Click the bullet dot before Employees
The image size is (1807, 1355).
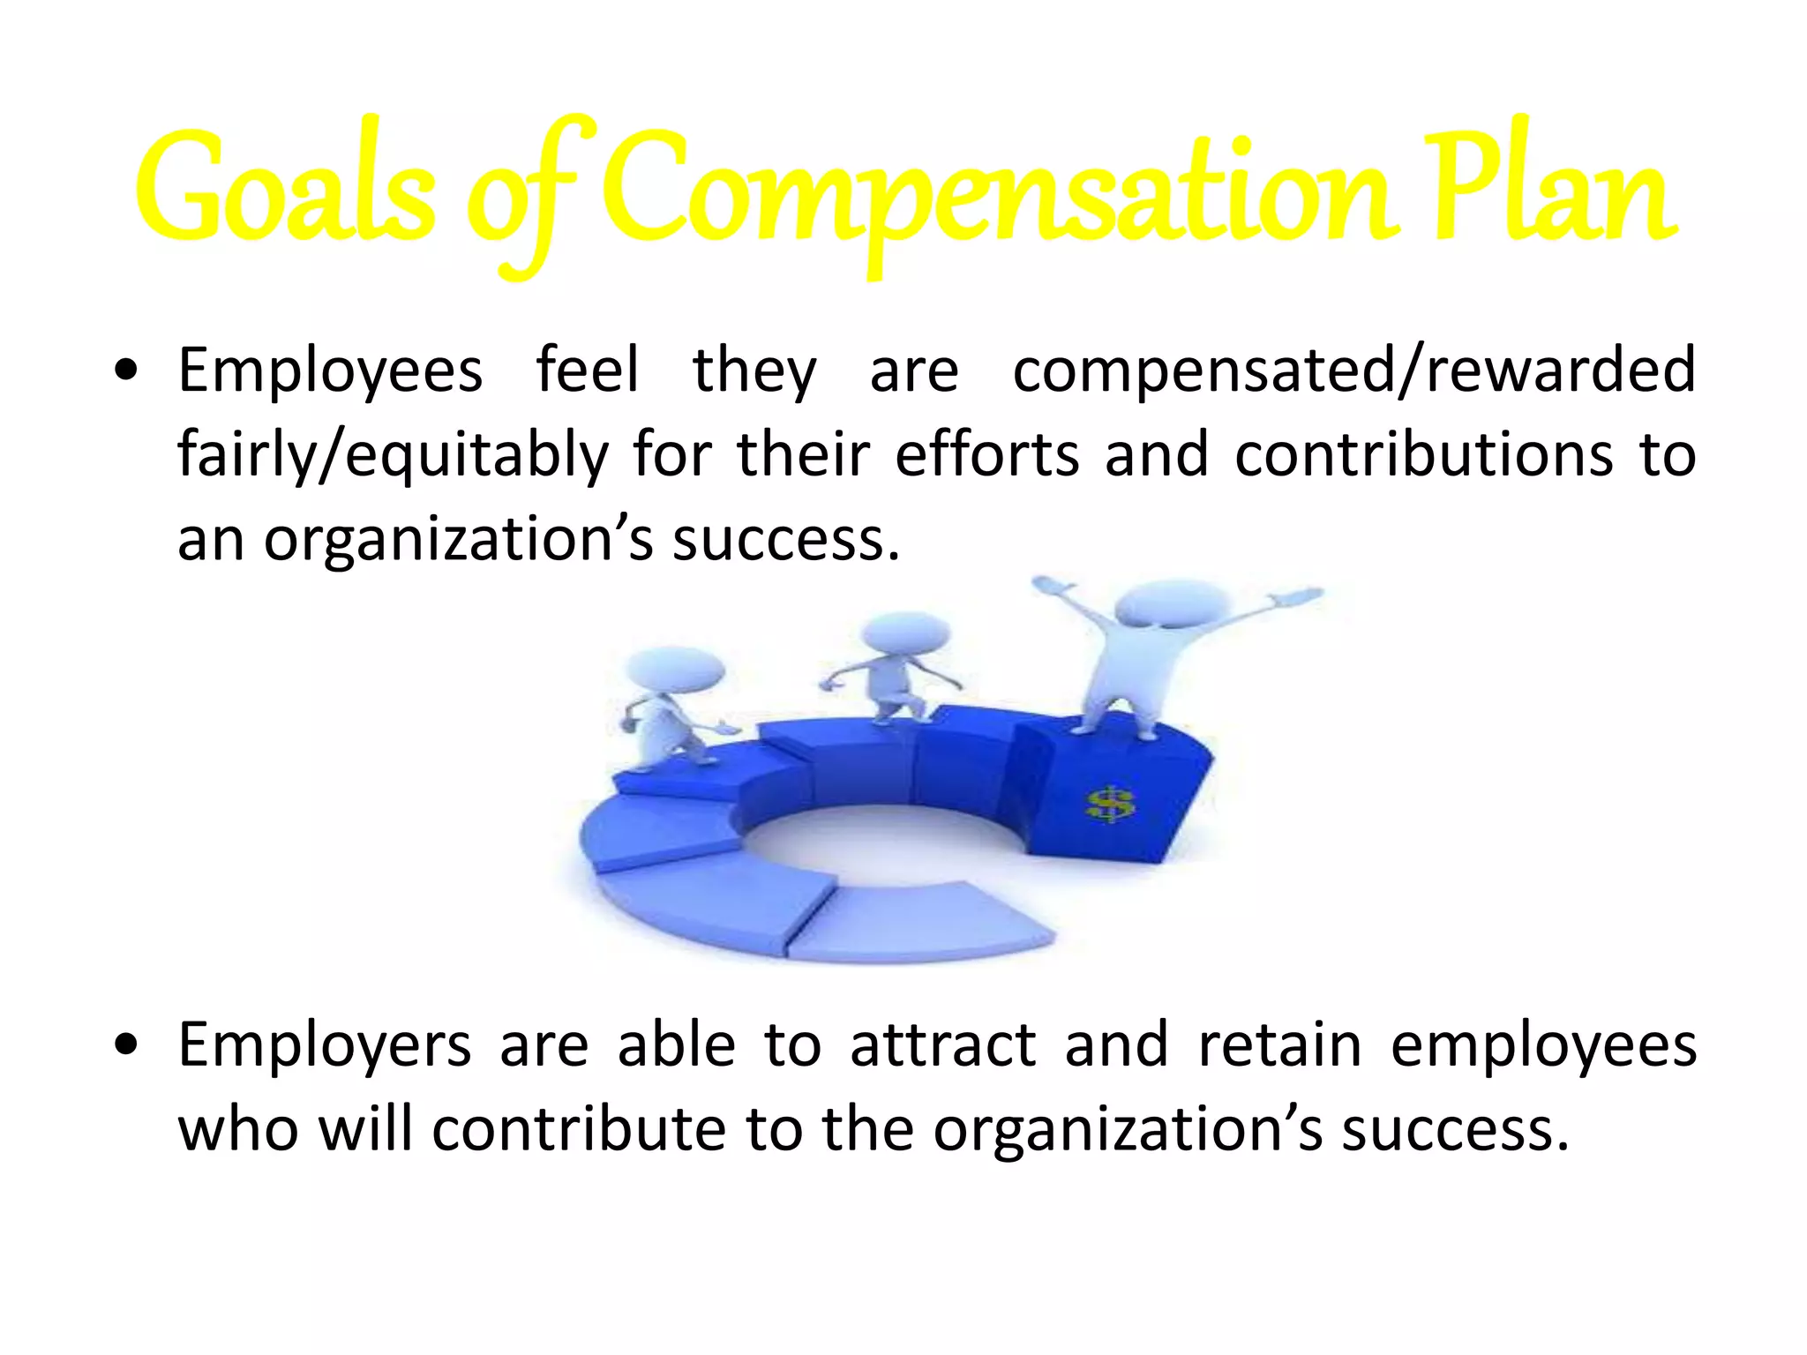(x=128, y=371)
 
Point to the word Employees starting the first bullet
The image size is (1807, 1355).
(x=330, y=371)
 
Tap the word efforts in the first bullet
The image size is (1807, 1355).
(x=987, y=454)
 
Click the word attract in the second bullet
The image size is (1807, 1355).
(x=942, y=1045)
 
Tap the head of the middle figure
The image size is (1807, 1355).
(x=904, y=633)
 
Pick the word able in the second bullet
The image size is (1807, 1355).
(x=676, y=1045)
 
